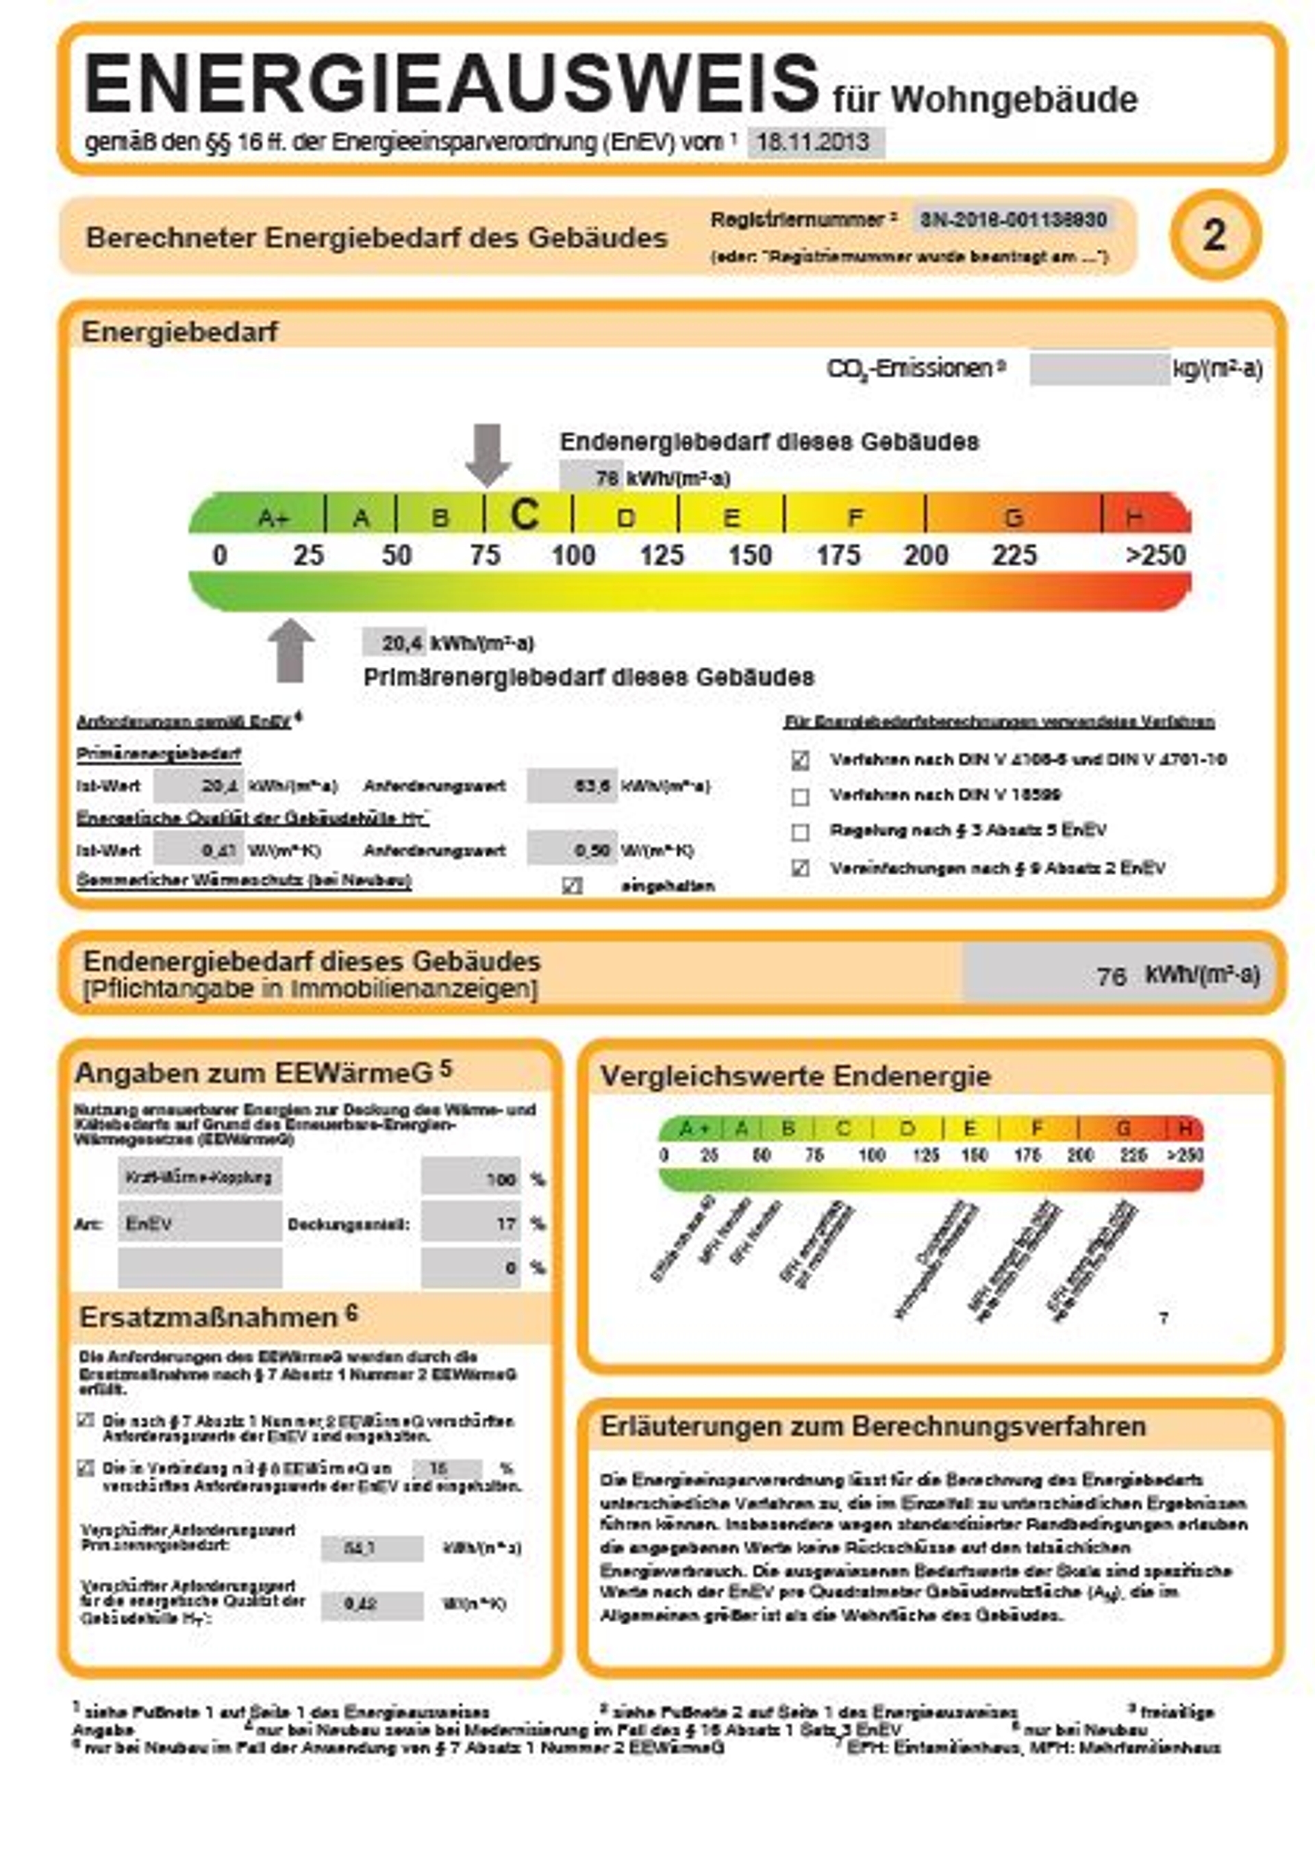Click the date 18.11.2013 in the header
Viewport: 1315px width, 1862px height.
[x=814, y=142]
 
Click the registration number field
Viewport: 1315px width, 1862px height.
[x=1012, y=219]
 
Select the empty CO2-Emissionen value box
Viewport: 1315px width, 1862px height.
[x=1099, y=369]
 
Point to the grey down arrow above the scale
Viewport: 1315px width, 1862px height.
[x=488, y=454]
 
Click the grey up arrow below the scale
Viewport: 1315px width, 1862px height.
[x=290, y=651]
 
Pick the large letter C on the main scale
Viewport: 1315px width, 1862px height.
[x=525, y=514]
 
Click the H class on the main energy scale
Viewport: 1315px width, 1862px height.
[x=1135, y=516]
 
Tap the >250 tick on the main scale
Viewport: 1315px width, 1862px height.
[x=1155, y=555]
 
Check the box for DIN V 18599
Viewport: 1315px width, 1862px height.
[x=801, y=796]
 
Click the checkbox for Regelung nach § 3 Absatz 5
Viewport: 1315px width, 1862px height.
[x=801, y=832]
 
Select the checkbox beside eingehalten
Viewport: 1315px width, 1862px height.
[x=572, y=885]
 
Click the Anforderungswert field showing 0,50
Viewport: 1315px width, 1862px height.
[x=571, y=850]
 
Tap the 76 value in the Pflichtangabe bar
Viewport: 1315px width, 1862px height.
[x=1112, y=976]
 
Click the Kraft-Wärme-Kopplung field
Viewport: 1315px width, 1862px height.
[x=199, y=1177]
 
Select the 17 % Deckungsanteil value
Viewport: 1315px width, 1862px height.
[x=471, y=1223]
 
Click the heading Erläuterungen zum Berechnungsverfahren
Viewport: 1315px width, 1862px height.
[x=872, y=1426]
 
